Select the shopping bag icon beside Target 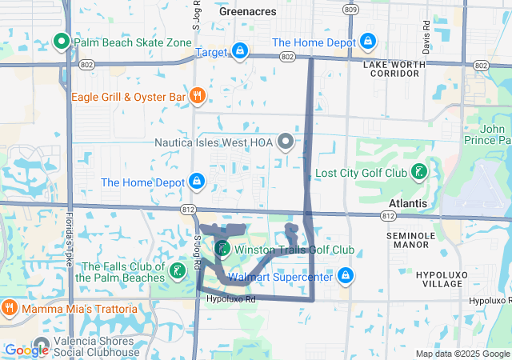point(240,52)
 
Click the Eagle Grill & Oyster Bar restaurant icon point(197,97)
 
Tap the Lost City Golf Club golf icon point(418,172)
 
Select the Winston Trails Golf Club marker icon point(222,249)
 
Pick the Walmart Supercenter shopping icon point(345,277)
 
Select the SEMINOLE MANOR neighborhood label point(410,241)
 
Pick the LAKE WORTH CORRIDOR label point(391,68)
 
